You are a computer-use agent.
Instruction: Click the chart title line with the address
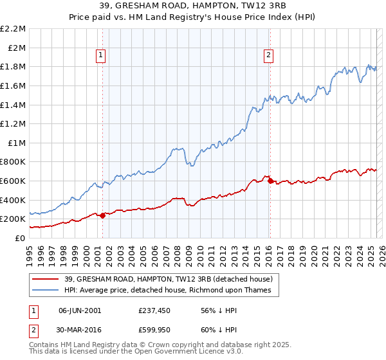[193, 6]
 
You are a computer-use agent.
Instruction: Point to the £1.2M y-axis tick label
[14, 123]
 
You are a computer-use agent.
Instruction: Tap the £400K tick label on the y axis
[14, 200]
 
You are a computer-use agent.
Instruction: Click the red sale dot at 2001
[102, 215]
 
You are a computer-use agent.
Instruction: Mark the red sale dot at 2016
[270, 181]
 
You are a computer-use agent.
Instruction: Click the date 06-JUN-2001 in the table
[80, 310]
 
